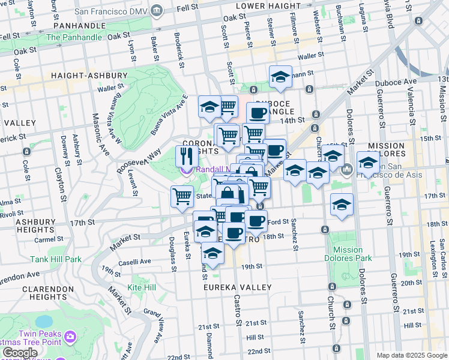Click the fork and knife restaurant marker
click(187, 157)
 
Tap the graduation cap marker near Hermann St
click(280, 77)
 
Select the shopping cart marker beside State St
click(182, 196)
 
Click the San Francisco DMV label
click(123, 10)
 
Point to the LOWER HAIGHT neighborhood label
click(266, 5)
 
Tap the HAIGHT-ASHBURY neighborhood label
click(89, 76)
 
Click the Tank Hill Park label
click(56, 259)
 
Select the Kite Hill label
click(142, 288)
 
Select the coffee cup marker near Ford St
click(256, 220)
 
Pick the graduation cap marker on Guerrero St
click(368, 161)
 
